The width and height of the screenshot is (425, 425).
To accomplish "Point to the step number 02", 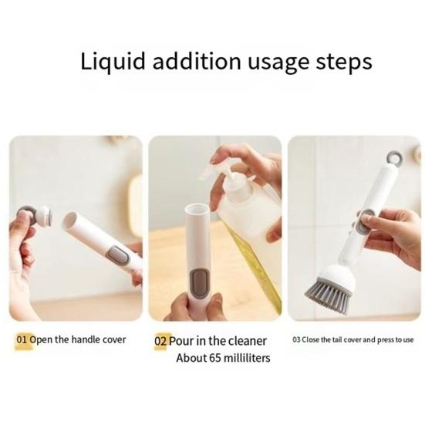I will (x=160, y=340).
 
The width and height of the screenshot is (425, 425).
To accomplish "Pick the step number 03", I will (x=297, y=339).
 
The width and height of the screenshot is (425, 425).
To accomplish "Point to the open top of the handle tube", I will (x=197, y=209).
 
